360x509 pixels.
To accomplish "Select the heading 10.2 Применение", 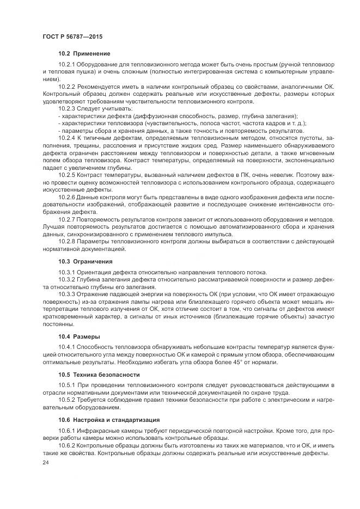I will click(x=84, y=53).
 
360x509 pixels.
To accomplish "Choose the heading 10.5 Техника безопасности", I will click(x=99, y=375).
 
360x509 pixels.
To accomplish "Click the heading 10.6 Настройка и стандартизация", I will click(x=109, y=420).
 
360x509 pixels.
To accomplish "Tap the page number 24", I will click(x=45, y=462).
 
